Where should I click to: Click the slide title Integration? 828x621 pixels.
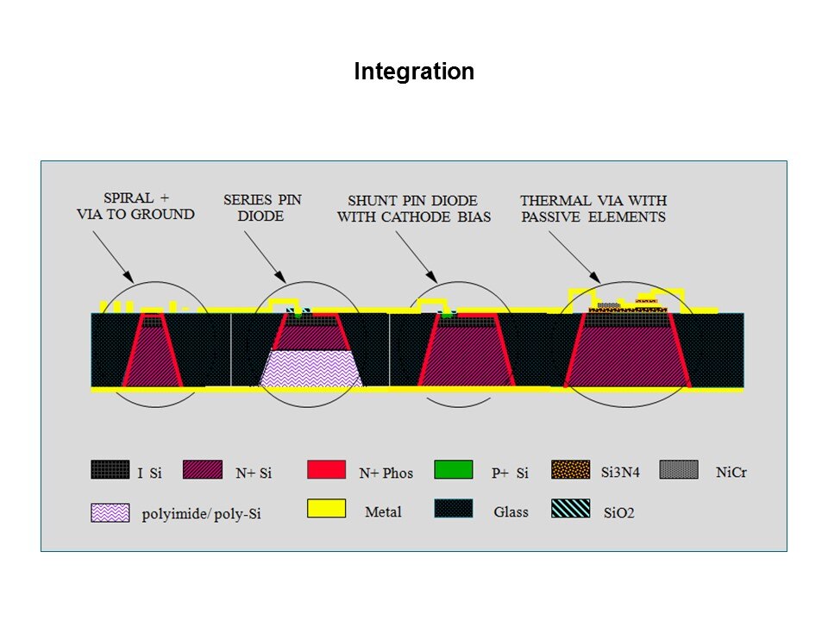(x=414, y=72)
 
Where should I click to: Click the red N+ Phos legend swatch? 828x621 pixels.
(x=326, y=469)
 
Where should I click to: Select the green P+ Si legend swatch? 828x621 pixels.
(x=453, y=469)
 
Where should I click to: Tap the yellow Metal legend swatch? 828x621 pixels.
(x=326, y=509)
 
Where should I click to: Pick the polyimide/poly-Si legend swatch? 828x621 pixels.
(x=110, y=512)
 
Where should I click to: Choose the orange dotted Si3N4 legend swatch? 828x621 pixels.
(x=570, y=469)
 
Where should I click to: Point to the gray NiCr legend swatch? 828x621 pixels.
(x=679, y=469)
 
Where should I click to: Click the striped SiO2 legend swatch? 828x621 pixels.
(x=570, y=509)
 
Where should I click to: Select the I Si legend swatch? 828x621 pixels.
(x=110, y=469)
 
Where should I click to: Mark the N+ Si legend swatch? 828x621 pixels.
(x=202, y=469)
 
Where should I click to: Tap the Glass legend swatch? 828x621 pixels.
(x=453, y=509)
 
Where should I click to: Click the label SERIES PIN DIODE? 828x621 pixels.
(x=262, y=208)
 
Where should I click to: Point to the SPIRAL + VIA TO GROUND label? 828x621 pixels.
(x=135, y=206)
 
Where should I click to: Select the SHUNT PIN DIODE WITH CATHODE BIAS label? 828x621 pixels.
(x=414, y=209)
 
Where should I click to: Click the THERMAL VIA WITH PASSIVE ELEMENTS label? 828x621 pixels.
(x=593, y=209)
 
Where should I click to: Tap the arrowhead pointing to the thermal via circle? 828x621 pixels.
(x=596, y=277)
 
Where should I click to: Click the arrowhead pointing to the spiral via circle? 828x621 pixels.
(x=129, y=276)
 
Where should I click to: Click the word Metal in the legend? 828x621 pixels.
(x=383, y=511)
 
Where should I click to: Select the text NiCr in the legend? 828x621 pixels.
(x=731, y=472)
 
